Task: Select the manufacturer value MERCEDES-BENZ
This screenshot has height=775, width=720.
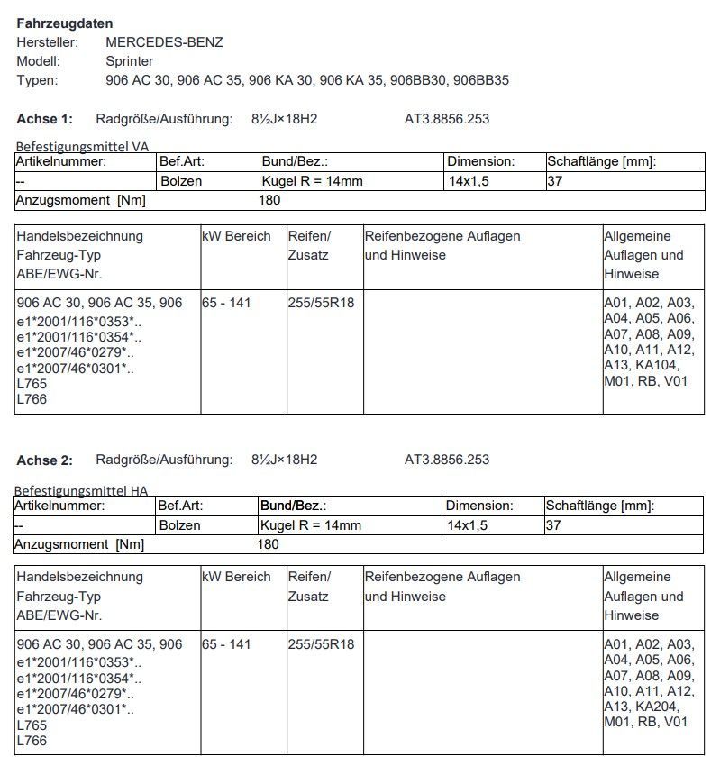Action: [x=164, y=42]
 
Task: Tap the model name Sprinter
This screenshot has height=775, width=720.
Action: [x=130, y=61]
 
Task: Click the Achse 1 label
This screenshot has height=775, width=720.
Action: [x=45, y=119]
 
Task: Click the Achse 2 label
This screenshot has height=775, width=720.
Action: [x=45, y=460]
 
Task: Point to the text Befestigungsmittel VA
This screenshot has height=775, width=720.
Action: [x=82, y=146]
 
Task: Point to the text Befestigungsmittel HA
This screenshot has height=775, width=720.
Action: [x=81, y=491]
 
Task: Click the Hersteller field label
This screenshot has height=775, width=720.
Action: [x=48, y=42]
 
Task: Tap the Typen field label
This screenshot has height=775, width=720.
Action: [x=37, y=80]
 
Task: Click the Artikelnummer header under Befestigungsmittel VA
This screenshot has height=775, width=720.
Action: [x=61, y=162]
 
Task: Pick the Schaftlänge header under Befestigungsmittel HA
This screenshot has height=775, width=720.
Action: [x=600, y=506]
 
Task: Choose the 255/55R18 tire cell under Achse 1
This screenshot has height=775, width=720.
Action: [x=322, y=303]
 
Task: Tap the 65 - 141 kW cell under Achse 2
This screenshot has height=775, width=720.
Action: [x=227, y=644]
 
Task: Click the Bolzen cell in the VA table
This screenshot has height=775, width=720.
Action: [x=181, y=181]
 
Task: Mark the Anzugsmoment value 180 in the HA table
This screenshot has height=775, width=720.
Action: [x=268, y=544]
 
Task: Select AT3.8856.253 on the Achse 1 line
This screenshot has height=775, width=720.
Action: [x=447, y=119]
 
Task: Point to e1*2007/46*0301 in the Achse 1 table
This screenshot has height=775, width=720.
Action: [x=77, y=369]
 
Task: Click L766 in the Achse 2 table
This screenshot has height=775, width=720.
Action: [x=32, y=741]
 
